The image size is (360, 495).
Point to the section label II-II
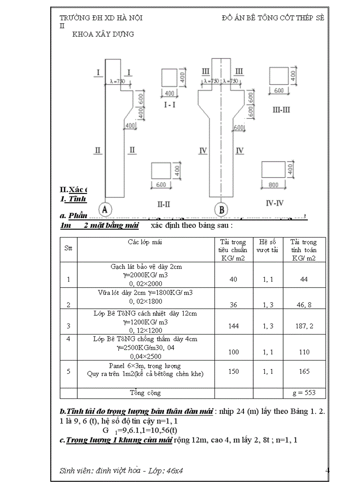coord(164,204)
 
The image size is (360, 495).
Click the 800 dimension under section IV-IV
coord(274,186)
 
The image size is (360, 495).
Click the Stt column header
coord(68,248)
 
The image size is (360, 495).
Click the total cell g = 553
coord(304,393)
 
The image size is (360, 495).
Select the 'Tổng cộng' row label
coord(145,392)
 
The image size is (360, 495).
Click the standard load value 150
coord(233,371)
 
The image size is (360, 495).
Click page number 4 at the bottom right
coord(327,470)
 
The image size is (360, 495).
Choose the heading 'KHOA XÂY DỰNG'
coord(103,34)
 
